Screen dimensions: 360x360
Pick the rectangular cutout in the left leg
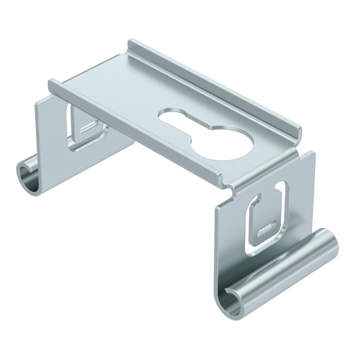tap(83, 127)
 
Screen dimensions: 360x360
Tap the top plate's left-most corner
tap(52, 85)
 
